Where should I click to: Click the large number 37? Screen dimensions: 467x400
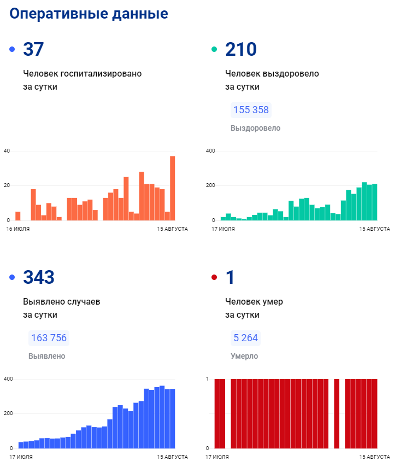(33, 50)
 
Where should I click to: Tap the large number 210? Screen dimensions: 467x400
(241, 50)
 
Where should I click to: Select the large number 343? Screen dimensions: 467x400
(39, 278)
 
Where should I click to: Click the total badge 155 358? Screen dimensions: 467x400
(251, 110)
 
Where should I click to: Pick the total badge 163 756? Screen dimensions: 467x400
(49, 338)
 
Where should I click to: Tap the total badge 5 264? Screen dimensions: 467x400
(245, 338)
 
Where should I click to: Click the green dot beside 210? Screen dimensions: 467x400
(214, 50)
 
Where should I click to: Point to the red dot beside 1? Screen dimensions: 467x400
(214, 278)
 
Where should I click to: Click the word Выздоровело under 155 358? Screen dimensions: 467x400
(255, 128)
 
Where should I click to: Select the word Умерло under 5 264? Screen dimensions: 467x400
(244, 356)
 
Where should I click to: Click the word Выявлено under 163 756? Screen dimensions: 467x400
(46, 356)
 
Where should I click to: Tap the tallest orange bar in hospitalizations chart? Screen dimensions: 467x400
(172, 188)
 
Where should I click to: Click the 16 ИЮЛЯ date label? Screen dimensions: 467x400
(18, 229)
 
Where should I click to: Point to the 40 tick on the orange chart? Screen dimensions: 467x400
(7, 151)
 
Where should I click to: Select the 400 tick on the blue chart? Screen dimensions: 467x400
(8, 379)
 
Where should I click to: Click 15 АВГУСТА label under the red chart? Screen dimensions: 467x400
(374, 457)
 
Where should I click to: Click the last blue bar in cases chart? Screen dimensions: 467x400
(172, 418)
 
